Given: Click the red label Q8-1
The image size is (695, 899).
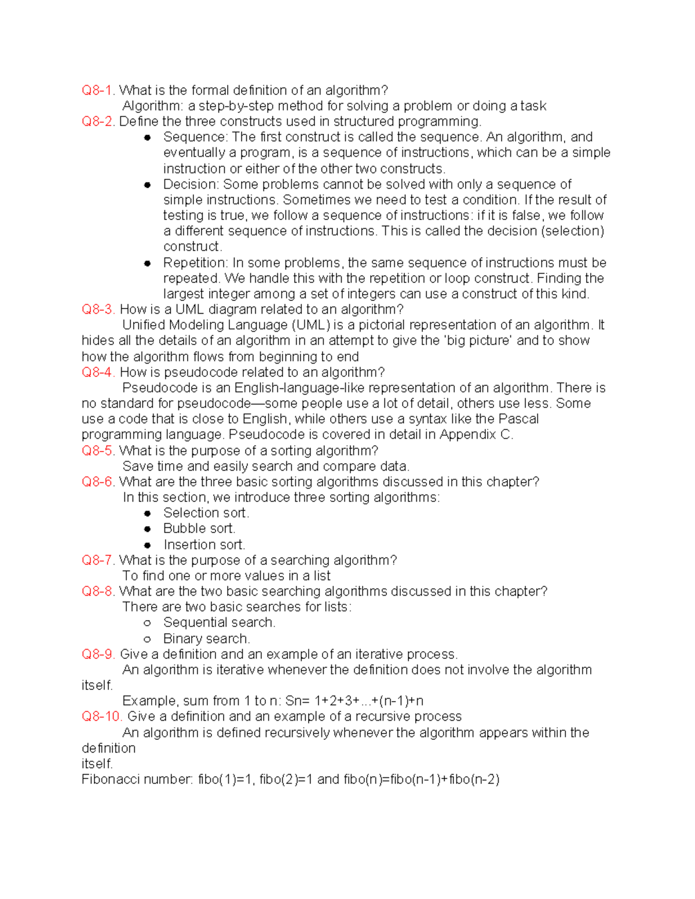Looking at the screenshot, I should click(x=98, y=90).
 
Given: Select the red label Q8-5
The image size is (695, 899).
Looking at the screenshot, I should click(x=98, y=450).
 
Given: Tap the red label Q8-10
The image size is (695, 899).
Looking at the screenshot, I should click(x=101, y=716).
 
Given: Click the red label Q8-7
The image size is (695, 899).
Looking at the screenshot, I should click(x=98, y=560).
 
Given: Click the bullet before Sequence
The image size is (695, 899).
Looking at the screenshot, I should click(x=148, y=137).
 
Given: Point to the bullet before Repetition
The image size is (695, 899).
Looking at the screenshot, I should click(x=148, y=263).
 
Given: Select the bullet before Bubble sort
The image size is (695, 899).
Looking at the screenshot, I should click(x=148, y=529).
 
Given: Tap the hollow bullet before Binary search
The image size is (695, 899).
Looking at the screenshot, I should click(x=148, y=639).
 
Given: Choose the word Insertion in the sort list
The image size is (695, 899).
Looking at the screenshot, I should click(x=188, y=545).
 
